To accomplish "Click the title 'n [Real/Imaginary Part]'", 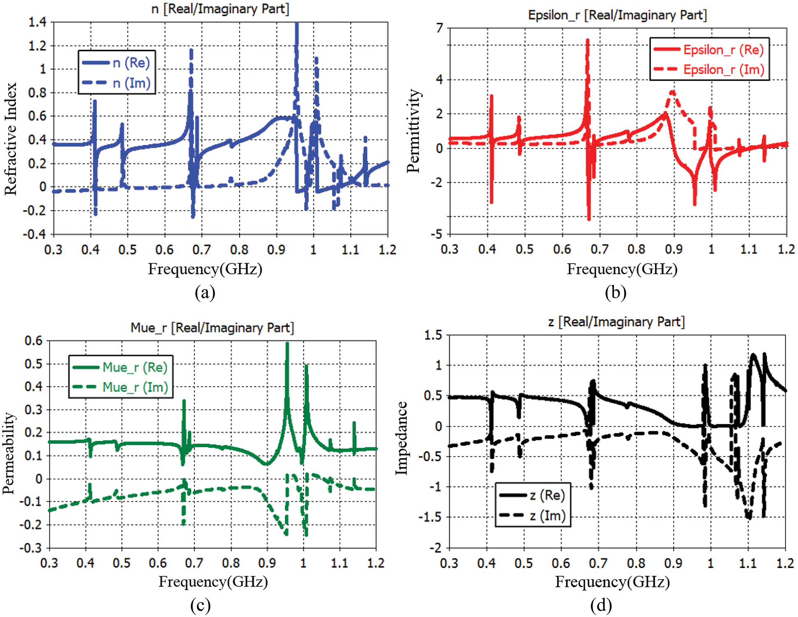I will (x=220, y=9).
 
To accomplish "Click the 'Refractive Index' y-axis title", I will (x=11, y=139).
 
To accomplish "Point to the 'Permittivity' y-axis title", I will (x=413, y=131).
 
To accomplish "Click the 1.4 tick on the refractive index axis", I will (x=37, y=22).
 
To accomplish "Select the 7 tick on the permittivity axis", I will (x=440, y=28).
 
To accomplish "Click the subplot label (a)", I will (x=205, y=292).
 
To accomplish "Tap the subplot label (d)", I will (x=601, y=605).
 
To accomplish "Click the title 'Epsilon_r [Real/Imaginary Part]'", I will (x=617, y=15).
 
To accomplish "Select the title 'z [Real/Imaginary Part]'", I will (x=616, y=322).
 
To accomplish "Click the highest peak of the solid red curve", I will (x=588, y=40).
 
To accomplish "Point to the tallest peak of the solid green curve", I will (x=287, y=344).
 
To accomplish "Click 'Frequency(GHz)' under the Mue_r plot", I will (x=213, y=581).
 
